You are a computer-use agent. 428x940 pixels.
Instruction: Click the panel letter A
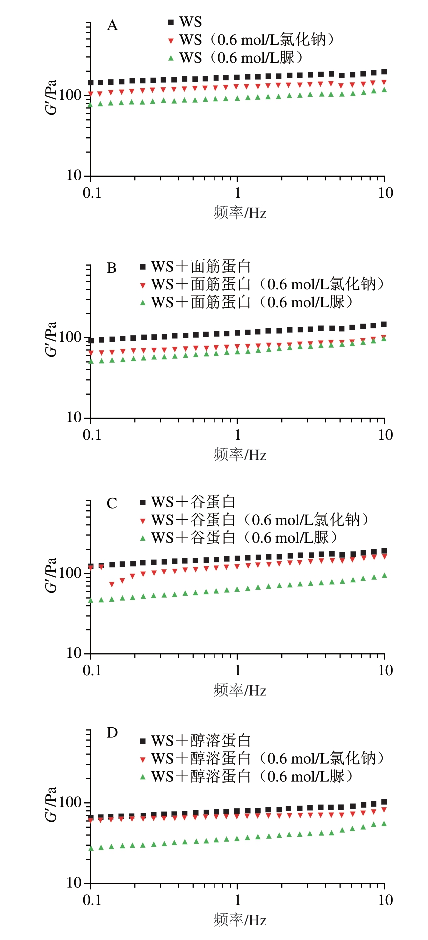click(x=112, y=25)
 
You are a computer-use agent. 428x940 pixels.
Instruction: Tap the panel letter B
click(x=112, y=268)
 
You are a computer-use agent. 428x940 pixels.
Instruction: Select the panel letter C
click(x=112, y=503)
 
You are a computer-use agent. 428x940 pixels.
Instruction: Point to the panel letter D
click(x=112, y=733)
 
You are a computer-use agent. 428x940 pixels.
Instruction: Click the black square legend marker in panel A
click(x=171, y=22)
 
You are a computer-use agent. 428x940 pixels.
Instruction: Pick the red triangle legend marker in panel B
click(x=143, y=285)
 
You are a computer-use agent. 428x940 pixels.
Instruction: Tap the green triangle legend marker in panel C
click(x=143, y=538)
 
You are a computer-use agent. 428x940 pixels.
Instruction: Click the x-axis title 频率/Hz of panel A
click(x=240, y=213)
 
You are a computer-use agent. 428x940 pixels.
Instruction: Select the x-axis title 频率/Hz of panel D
click(x=240, y=920)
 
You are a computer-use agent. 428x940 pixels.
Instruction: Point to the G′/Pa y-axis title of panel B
click(x=51, y=339)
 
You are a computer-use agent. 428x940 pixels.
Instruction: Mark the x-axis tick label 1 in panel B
click(x=237, y=435)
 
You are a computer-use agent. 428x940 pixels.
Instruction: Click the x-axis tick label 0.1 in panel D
click(x=92, y=900)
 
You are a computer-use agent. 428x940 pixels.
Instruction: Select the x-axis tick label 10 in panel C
click(x=385, y=670)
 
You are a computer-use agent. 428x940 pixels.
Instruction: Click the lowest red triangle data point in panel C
click(x=112, y=584)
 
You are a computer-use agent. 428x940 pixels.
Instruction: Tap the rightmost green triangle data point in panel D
click(x=384, y=823)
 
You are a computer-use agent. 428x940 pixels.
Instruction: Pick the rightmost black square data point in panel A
click(x=384, y=72)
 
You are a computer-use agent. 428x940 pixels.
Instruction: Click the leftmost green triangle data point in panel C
click(x=91, y=600)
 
